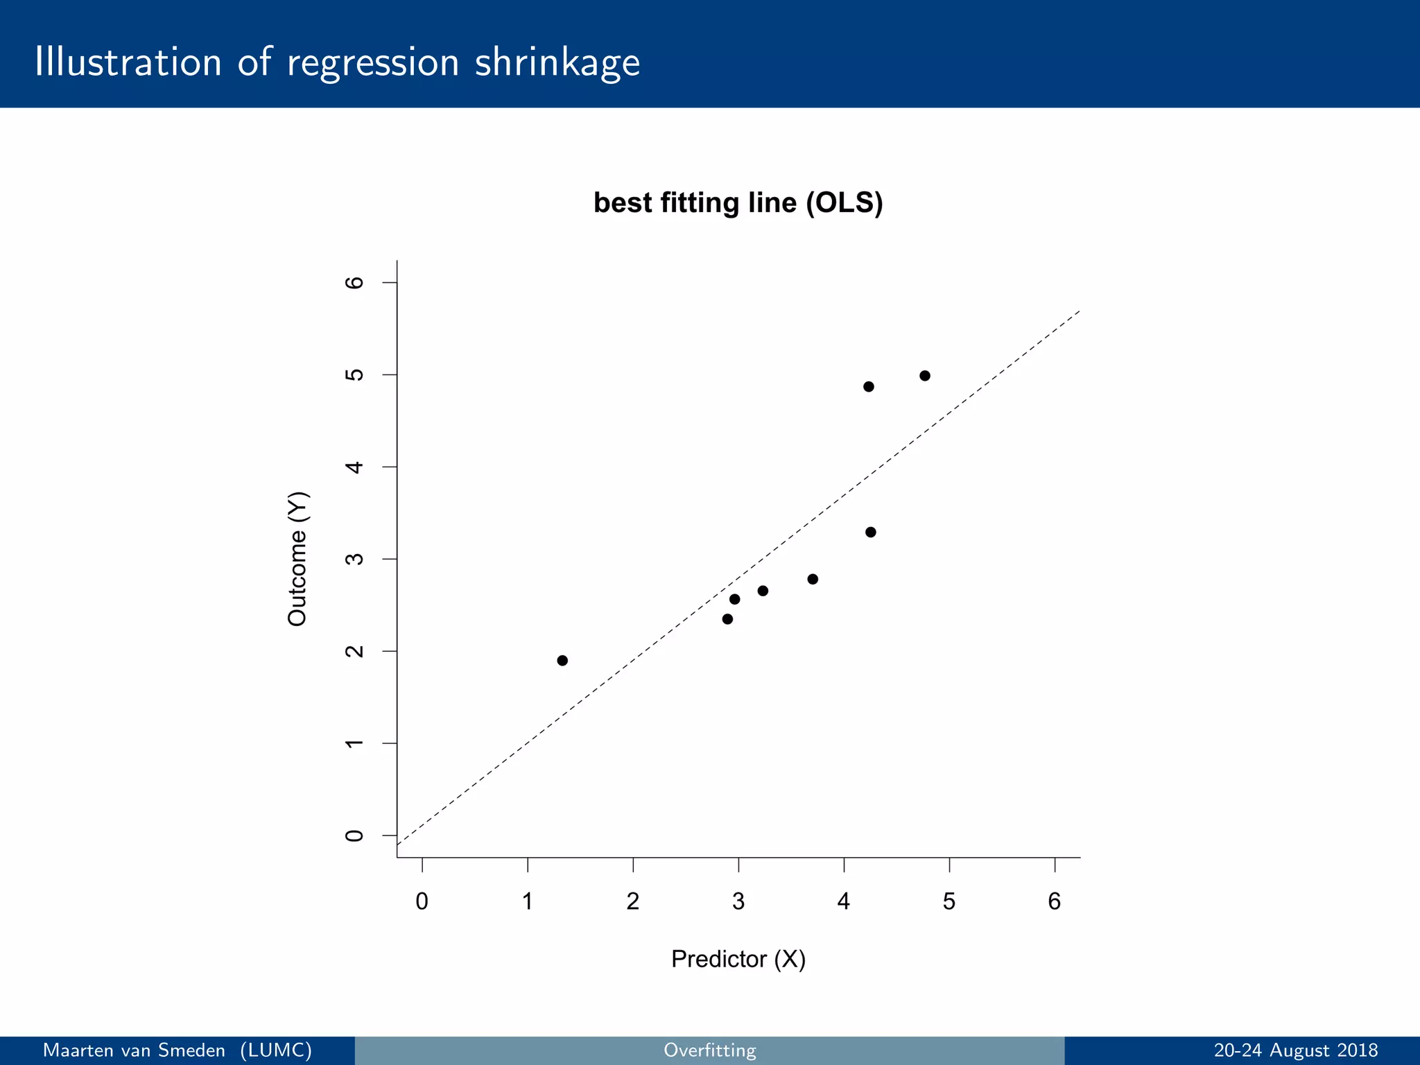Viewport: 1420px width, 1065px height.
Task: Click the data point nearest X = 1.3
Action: (562, 660)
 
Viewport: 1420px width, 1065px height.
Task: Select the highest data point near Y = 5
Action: (924, 376)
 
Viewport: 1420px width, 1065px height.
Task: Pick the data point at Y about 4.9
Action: (869, 387)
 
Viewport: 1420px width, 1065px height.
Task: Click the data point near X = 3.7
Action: (813, 579)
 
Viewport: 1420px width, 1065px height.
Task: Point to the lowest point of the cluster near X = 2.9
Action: (727, 619)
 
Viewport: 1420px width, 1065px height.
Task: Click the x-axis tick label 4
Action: (843, 901)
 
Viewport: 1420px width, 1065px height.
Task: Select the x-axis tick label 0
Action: (422, 901)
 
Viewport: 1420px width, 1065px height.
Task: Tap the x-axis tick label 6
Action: (1054, 901)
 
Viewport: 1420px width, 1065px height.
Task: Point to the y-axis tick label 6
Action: (354, 282)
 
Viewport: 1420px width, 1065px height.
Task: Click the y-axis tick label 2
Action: (354, 651)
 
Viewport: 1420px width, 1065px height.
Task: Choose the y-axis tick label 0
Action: (354, 835)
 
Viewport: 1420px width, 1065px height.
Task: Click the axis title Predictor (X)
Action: (738, 959)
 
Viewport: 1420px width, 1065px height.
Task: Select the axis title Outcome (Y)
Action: (297, 559)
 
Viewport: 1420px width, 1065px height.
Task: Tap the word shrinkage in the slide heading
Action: (557, 62)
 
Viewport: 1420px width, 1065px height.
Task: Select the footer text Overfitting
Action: (709, 1050)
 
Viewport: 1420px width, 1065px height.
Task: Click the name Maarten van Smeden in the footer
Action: (134, 1050)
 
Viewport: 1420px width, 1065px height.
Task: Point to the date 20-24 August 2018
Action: (1295, 1050)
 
